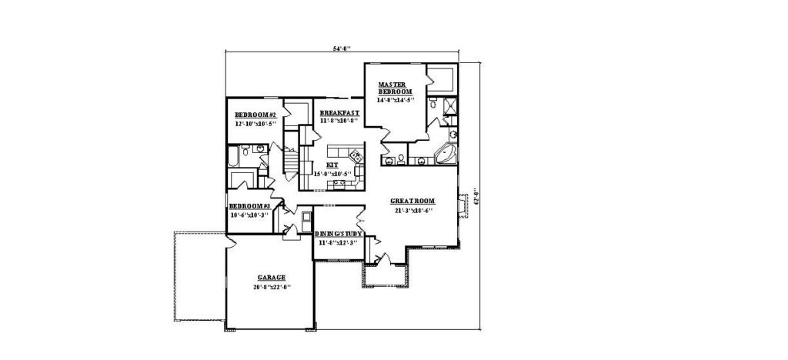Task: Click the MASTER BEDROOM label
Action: click(x=395, y=88)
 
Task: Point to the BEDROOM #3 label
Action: click(x=249, y=206)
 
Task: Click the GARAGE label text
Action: click(x=271, y=277)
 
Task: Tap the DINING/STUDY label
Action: click(x=338, y=234)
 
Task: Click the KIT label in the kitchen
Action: click(x=332, y=165)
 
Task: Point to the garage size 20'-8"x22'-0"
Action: click(x=271, y=287)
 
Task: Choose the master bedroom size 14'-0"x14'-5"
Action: click(x=395, y=100)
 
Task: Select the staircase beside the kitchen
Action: click(x=291, y=162)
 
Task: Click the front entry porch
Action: click(x=384, y=273)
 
